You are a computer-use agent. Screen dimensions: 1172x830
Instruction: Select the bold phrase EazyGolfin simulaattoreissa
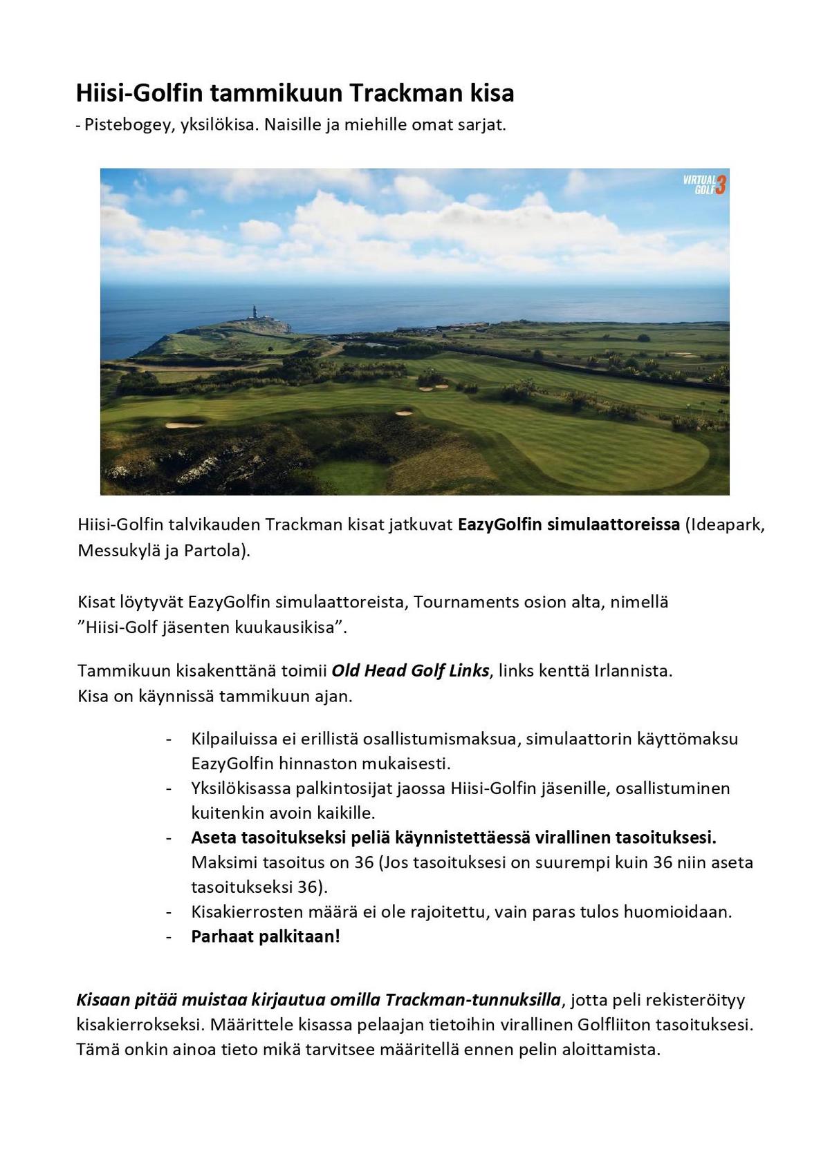(x=569, y=524)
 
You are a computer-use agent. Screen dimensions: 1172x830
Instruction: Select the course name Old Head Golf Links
(x=410, y=671)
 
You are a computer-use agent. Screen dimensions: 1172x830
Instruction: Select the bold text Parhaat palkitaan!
(x=266, y=937)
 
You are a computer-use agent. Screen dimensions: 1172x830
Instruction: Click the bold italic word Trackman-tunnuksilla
(x=472, y=1000)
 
